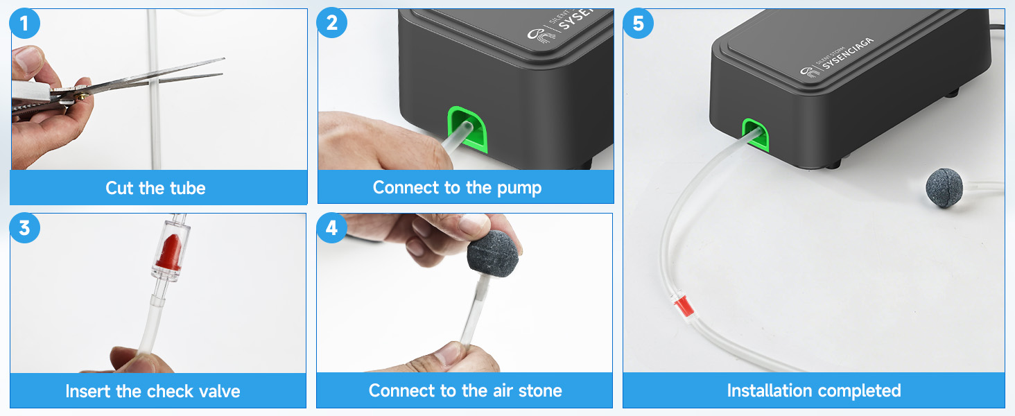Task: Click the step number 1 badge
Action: pos(25,24)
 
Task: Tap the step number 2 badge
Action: pos(332,24)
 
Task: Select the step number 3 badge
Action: pos(25,228)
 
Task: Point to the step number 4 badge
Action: pos(332,228)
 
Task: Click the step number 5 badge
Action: pos(639,24)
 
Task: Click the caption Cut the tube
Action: pos(155,188)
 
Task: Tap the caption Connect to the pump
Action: pos(457,187)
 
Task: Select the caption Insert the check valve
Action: pos(153,391)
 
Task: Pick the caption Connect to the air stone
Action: pos(465,390)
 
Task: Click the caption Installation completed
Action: pos(813,390)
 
